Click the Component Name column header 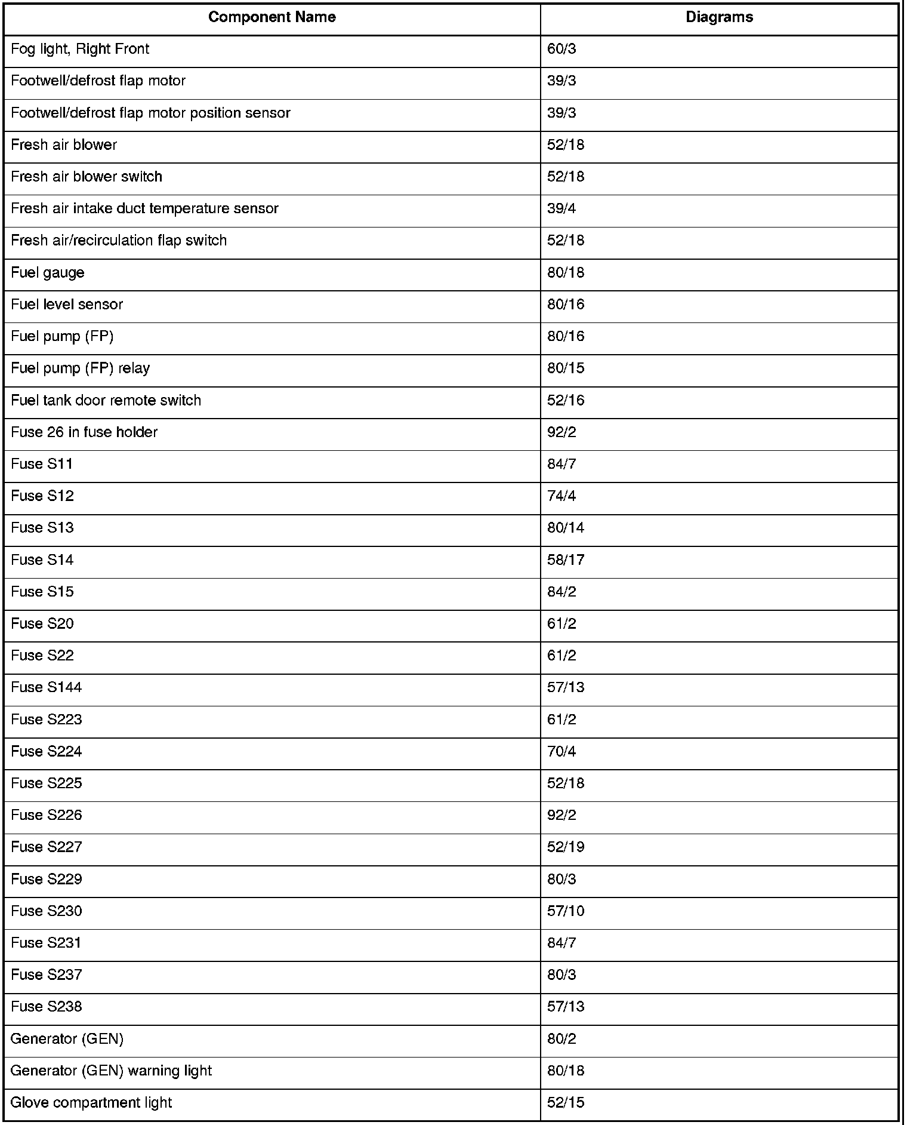click(272, 17)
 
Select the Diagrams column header click(719, 17)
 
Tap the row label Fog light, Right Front click(80, 49)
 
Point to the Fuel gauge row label click(48, 273)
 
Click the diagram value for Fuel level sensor click(566, 305)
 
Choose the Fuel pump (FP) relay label click(80, 368)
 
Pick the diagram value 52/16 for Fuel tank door click(566, 401)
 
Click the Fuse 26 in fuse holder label click(84, 432)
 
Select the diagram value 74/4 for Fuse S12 click(562, 496)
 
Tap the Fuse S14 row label click(42, 560)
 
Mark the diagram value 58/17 click(566, 560)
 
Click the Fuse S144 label click(47, 688)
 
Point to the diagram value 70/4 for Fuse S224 click(562, 752)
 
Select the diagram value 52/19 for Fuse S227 click(566, 847)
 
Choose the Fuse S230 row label click(47, 911)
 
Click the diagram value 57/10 click(566, 911)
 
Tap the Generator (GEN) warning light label click(111, 1071)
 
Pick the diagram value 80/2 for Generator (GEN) click(562, 1039)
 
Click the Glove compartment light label click(91, 1103)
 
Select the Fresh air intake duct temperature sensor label click(144, 209)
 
